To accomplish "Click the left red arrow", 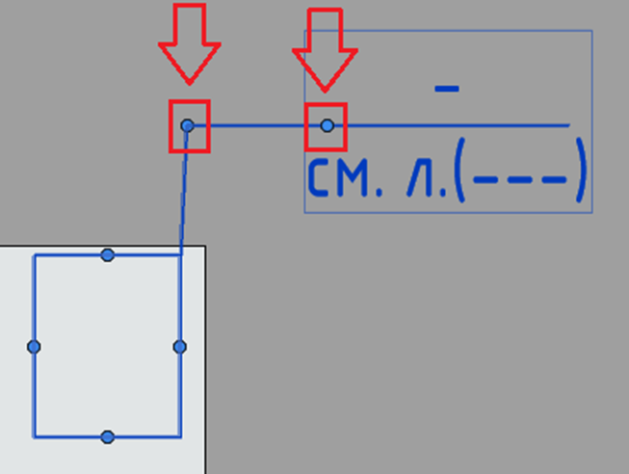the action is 190,44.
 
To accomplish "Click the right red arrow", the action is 325,50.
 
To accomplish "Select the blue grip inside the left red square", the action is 187,125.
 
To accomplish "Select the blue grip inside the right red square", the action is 328,125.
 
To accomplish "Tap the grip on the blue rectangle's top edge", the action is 108,255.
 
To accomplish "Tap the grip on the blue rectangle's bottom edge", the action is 108,436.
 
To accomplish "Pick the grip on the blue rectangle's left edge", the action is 34,347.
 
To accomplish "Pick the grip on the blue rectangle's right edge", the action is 180,347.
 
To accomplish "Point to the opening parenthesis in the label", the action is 459,170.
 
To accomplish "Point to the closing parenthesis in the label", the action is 580,170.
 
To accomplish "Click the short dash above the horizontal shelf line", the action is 447,89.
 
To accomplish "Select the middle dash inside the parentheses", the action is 520,179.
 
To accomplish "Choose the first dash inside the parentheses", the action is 485,179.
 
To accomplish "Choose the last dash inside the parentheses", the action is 555,179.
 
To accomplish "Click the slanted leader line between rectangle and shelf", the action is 184,190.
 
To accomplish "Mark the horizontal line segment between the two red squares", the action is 257,125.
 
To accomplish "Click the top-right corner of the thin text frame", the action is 592,31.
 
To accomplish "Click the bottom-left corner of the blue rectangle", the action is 34,436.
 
